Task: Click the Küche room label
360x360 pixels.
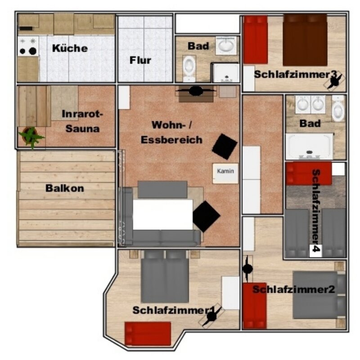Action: (70, 48)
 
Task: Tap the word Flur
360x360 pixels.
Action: (140, 60)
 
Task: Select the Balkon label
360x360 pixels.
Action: (65, 188)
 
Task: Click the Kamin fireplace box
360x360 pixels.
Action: (225, 173)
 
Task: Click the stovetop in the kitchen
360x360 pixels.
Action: (28, 46)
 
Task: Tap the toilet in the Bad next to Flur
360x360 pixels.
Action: (189, 68)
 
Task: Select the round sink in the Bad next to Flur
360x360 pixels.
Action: (226, 45)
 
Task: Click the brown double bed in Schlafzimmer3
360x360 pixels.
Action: (305, 40)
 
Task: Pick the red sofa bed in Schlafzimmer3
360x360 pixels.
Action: (255, 40)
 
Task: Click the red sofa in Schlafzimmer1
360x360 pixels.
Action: (148, 333)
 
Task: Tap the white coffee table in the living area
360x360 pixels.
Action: (163, 215)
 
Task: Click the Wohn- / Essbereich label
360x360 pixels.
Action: (171, 132)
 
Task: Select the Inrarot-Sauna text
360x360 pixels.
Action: (83, 121)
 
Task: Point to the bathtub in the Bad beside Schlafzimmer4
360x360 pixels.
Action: (309, 146)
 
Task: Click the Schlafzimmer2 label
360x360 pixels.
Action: (294, 289)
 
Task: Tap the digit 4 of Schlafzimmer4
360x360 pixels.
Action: (315, 249)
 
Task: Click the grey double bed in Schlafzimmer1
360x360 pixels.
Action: (165, 277)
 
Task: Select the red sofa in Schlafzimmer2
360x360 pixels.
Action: (255, 306)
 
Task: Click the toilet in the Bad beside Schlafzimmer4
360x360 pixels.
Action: (338, 108)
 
